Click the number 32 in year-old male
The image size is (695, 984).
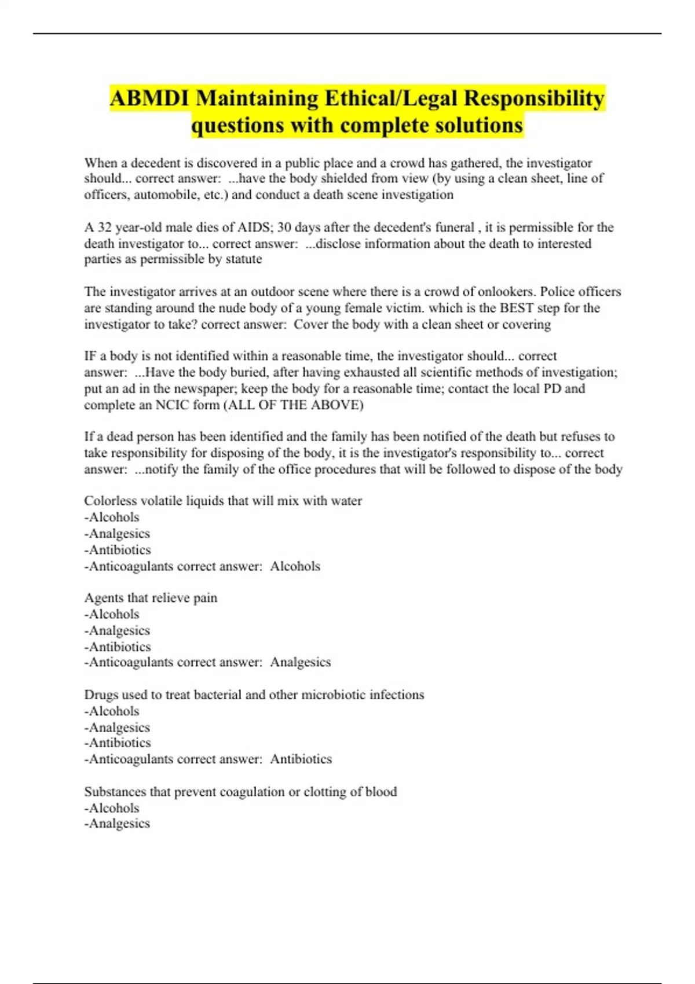coord(104,227)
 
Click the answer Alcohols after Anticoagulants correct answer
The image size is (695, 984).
coord(295,566)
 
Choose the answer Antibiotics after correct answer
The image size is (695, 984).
coord(301,759)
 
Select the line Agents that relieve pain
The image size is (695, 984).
coord(151,598)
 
